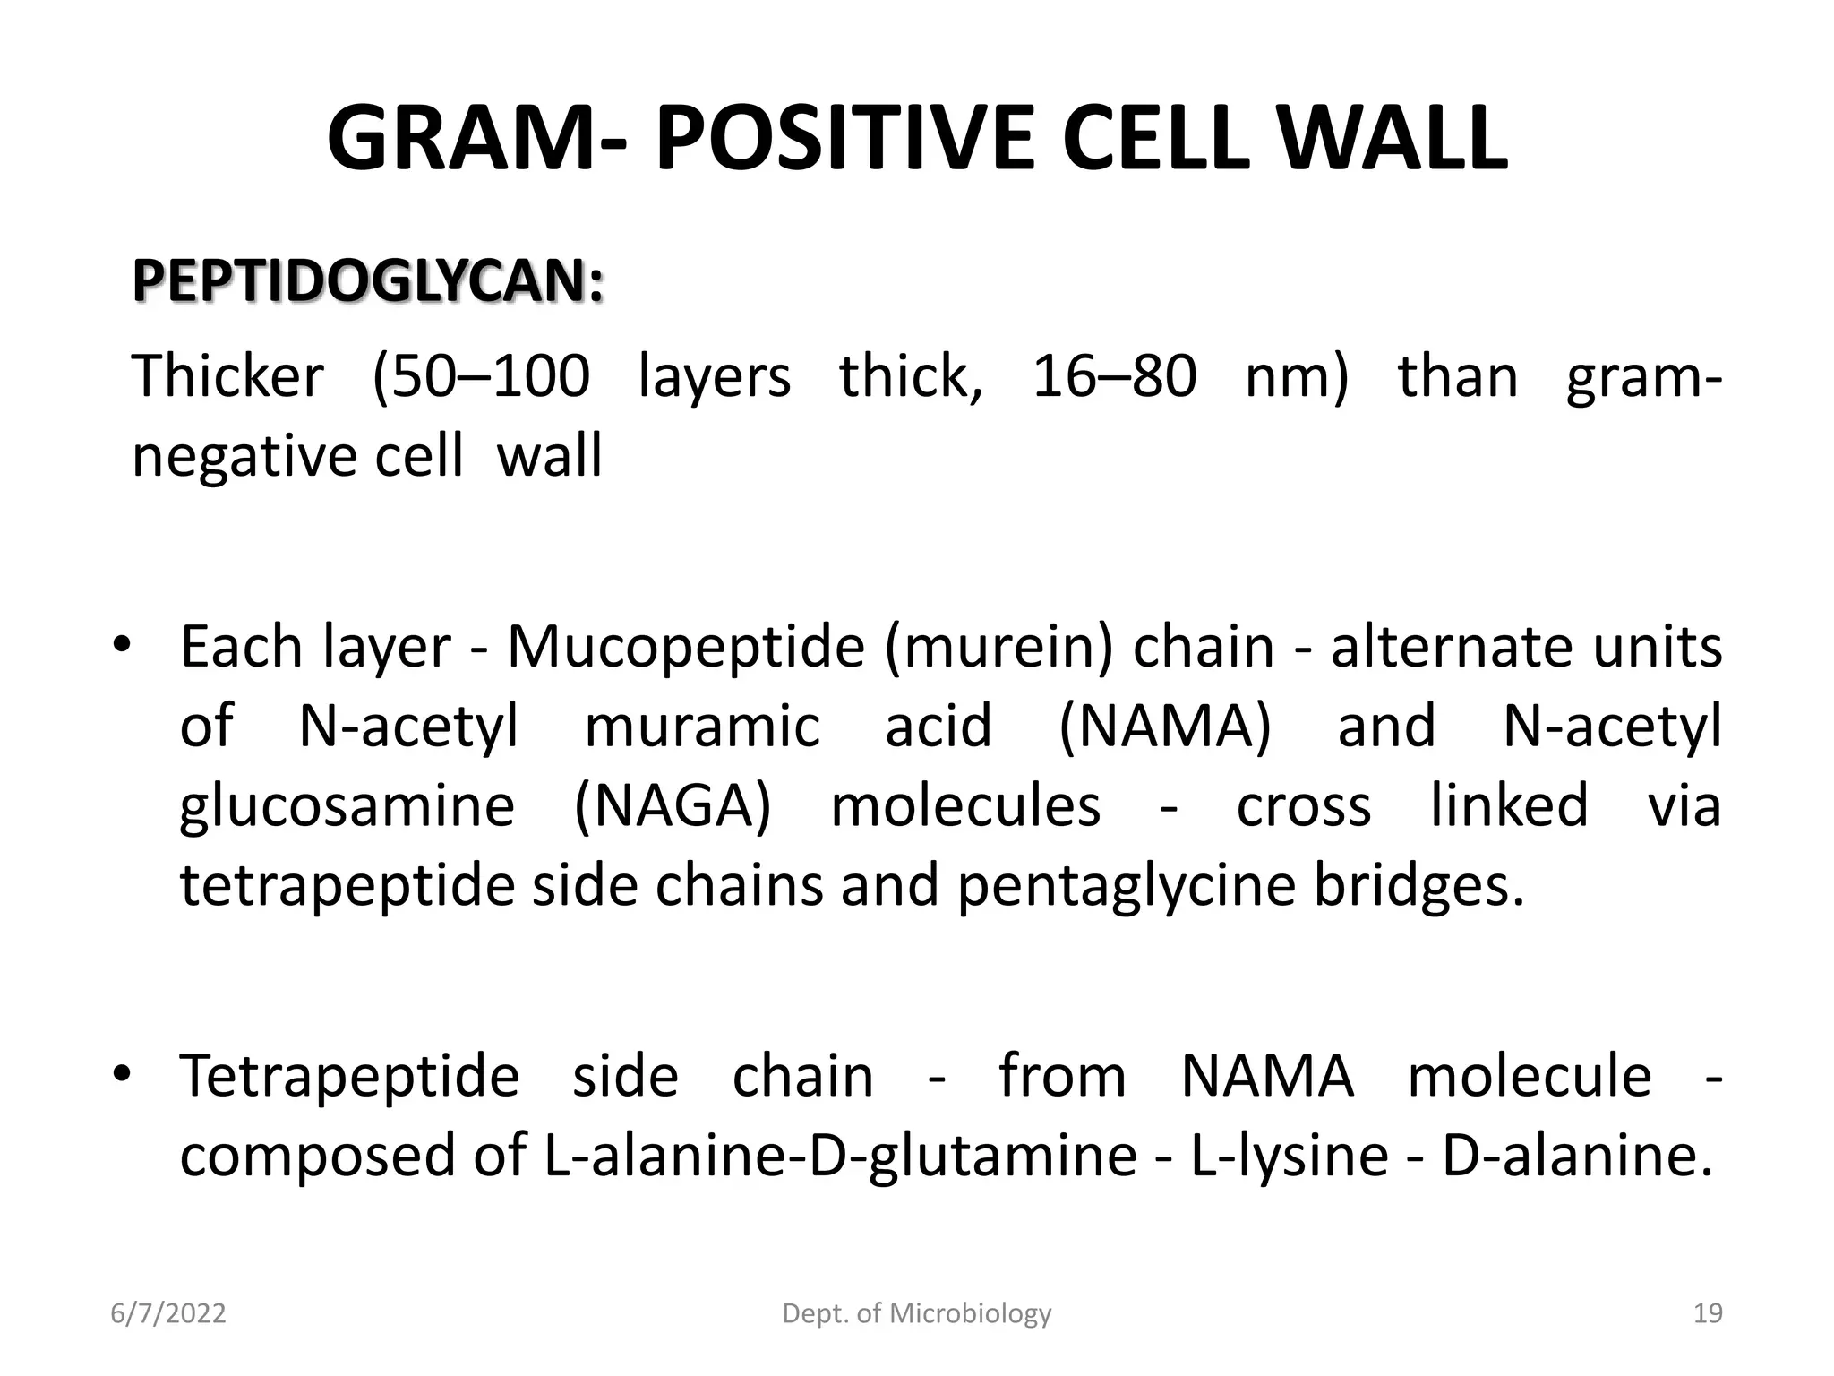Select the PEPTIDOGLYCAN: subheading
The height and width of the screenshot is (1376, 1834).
368,281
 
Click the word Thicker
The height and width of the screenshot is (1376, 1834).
227,376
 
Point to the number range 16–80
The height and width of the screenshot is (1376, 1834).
1114,376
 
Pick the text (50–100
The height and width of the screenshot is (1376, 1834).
481,376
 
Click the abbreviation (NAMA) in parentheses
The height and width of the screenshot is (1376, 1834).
1165,726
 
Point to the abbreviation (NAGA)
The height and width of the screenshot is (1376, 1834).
673,805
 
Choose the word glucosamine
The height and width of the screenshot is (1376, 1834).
347,805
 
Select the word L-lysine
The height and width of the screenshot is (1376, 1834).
1289,1155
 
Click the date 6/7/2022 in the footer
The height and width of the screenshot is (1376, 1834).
167,1313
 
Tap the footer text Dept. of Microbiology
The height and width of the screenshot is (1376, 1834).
917,1313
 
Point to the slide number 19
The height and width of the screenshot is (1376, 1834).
1708,1313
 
